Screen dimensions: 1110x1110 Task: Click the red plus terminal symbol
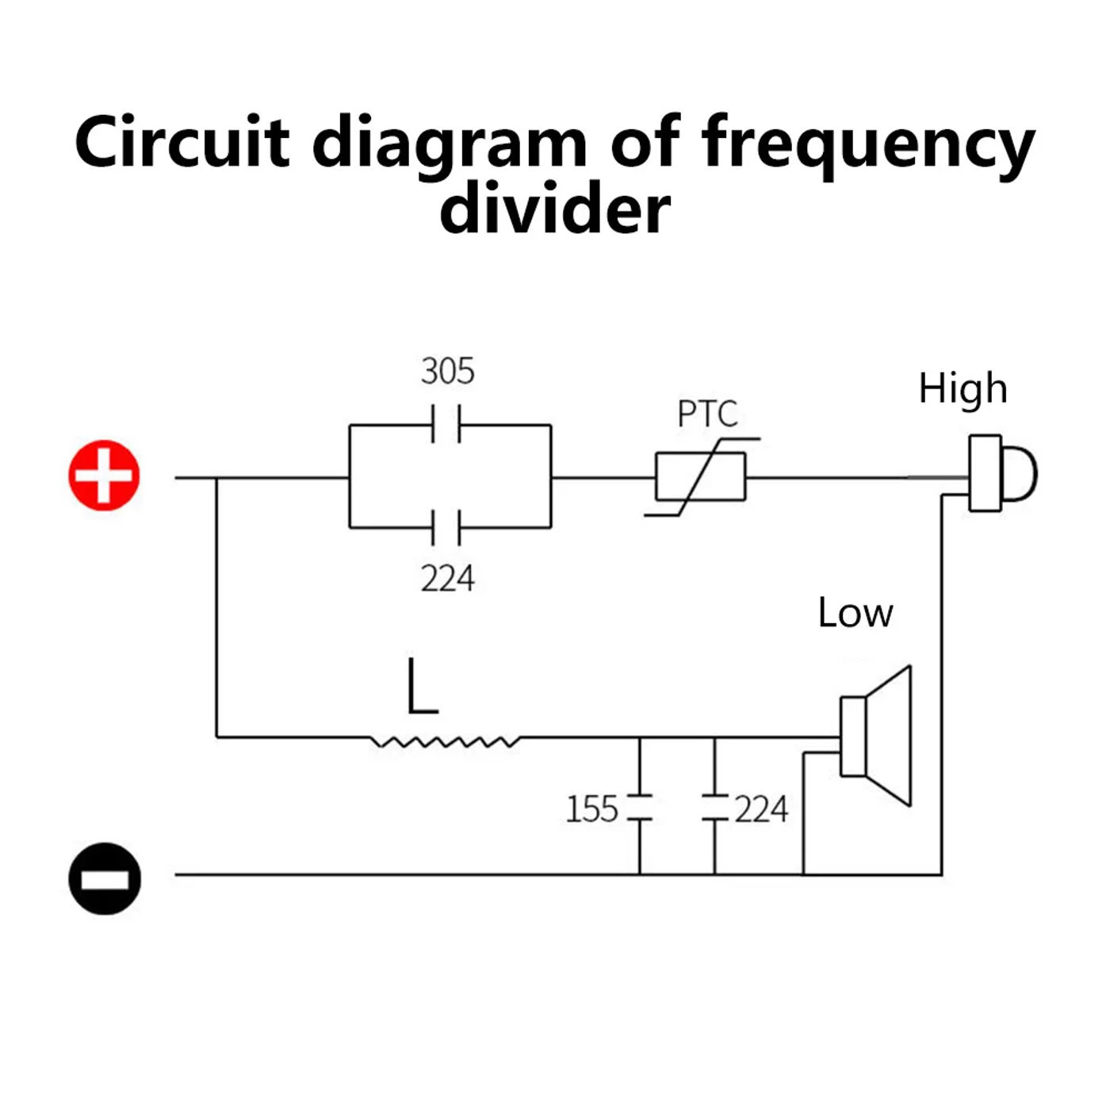104,476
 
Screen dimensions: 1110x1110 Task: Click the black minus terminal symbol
104,878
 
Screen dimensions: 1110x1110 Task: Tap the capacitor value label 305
447,371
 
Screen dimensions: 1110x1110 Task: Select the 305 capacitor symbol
446,424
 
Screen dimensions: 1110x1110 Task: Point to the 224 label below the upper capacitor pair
447,579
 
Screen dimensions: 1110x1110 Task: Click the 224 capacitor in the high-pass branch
446,527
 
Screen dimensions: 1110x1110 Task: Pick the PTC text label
707,414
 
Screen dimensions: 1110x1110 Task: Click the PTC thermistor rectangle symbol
701,477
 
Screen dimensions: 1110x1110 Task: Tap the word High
963,388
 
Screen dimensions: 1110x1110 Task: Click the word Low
855,613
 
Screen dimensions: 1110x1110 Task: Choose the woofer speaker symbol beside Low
876,736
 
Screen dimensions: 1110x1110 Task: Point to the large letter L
421,687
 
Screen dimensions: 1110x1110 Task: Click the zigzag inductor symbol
446,741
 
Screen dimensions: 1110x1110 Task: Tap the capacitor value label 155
591,810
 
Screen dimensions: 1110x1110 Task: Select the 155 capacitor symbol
640,807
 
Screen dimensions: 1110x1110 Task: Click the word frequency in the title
868,143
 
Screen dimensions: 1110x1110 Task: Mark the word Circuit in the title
182,143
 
